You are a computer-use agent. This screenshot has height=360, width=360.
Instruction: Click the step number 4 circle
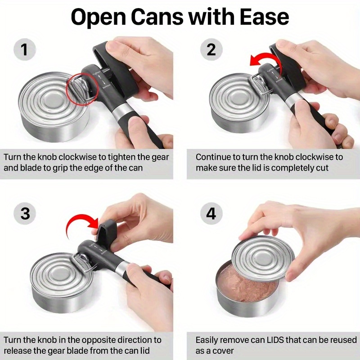(x=211, y=213)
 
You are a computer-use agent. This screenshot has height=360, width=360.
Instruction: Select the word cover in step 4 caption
(x=225, y=351)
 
